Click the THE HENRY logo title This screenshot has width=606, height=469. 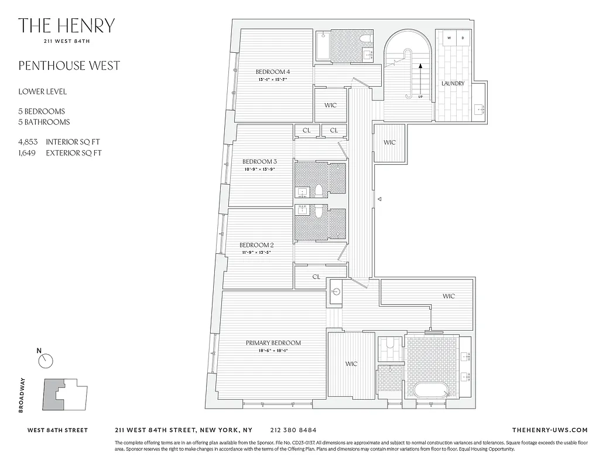(66, 26)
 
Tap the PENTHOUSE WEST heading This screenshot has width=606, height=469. (69, 65)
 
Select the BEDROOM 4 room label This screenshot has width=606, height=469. (273, 72)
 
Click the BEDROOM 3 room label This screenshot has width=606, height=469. (259, 161)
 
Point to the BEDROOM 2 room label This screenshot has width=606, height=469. (256, 245)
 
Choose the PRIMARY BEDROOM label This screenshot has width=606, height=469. (273, 343)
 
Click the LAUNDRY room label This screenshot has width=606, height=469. (453, 84)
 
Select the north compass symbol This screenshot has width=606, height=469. (46, 361)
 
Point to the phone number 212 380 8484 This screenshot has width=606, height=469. (294, 430)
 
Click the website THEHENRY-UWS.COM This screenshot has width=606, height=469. (549, 430)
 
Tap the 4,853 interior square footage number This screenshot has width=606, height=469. (29, 142)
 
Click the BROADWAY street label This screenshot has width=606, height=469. (22, 395)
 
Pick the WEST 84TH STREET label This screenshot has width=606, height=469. (58, 430)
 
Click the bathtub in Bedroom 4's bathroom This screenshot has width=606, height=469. (323, 46)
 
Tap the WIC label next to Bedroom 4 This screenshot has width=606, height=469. (330, 106)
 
